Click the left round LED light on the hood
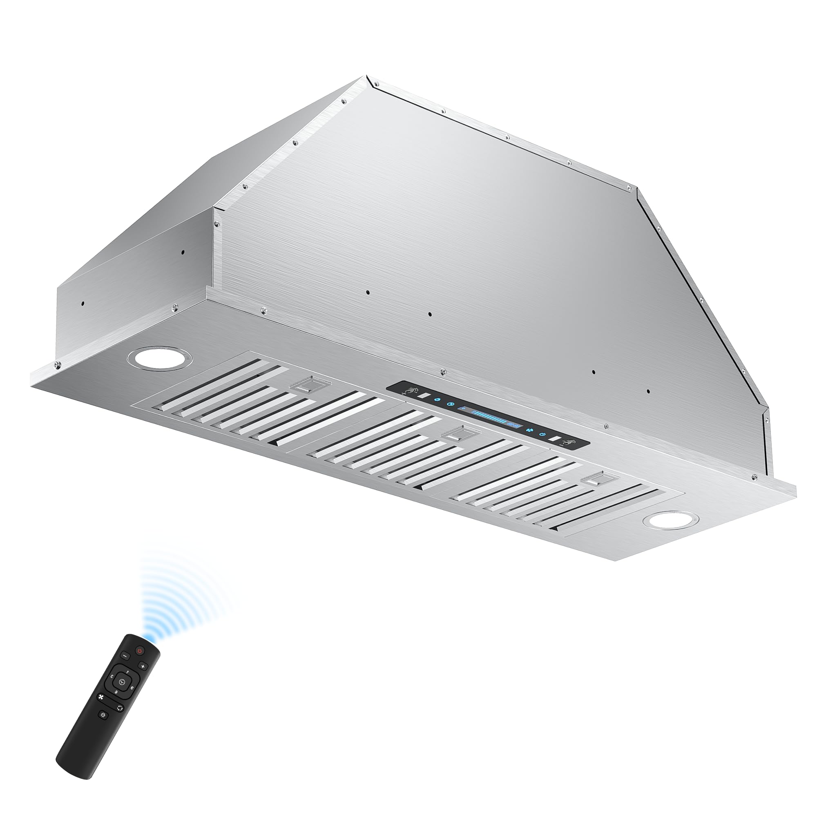159,357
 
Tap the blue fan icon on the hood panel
530,430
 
